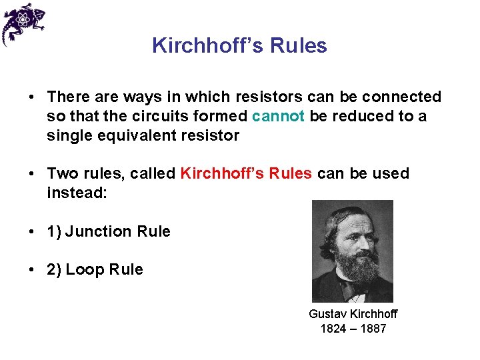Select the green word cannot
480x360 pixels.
coord(279,116)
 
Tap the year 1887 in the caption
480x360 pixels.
coord(373,328)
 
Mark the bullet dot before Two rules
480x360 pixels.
coord(32,174)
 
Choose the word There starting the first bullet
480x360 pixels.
coord(65,97)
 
